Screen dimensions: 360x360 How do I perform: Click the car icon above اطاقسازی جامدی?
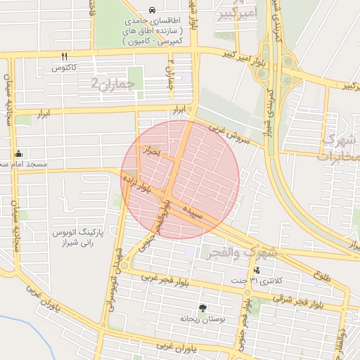point(153,11)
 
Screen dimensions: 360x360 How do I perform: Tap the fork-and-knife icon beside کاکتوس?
point(64,56)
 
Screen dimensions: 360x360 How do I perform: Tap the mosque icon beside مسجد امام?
point(19,153)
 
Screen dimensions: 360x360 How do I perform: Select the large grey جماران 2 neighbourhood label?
point(117,84)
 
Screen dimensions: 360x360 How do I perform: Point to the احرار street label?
point(154,151)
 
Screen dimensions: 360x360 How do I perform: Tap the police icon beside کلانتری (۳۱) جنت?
point(257,270)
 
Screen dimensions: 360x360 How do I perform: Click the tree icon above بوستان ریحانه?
point(202,307)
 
